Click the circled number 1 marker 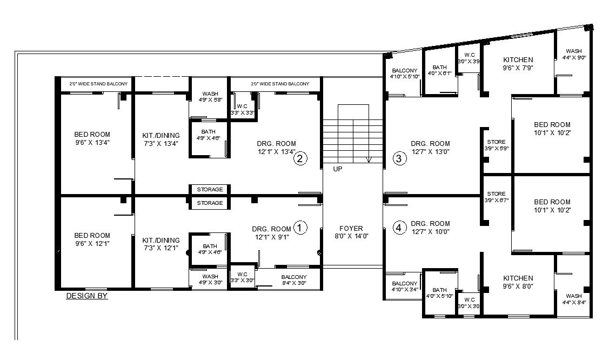click(300, 228)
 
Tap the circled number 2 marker click(300, 158)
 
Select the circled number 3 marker click(399, 158)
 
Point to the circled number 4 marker click(399, 228)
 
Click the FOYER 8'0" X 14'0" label click(351, 232)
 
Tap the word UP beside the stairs click(338, 169)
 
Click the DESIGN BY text click(87, 296)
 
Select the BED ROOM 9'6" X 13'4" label click(92, 138)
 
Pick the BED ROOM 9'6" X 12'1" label click(92, 239)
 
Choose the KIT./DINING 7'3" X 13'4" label click(161, 139)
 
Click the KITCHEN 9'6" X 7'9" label click(518, 64)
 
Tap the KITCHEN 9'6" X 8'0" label click(518, 282)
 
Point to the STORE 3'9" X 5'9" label click(496, 144)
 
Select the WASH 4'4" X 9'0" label click(574, 54)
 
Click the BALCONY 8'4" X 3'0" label click(294, 279)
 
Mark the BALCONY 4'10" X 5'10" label click(404, 74)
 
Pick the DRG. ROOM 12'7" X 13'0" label click(430, 148)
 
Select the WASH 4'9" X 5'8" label click(210, 97)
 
